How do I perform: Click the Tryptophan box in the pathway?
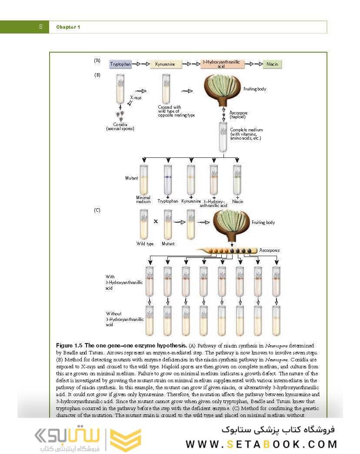pyautogui.click(x=120, y=64)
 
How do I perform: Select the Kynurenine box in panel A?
pyautogui.click(x=165, y=64)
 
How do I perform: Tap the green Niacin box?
pyautogui.click(x=273, y=64)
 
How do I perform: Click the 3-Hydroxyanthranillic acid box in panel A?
pyautogui.click(x=218, y=64)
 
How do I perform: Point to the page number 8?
pyautogui.click(x=40, y=27)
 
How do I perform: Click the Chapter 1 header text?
pyautogui.click(x=68, y=27)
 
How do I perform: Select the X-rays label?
pyautogui.click(x=136, y=98)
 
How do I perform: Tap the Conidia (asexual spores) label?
pyautogui.click(x=120, y=127)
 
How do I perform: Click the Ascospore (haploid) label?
pyautogui.click(x=238, y=115)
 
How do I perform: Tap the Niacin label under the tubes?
pyautogui.click(x=237, y=201)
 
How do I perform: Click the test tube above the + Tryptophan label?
pyautogui.click(x=167, y=179)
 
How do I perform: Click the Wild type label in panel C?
pyautogui.click(x=145, y=244)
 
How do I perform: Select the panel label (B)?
pyautogui.click(x=97, y=75)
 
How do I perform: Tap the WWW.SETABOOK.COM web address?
pyautogui.click(x=261, y=444)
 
